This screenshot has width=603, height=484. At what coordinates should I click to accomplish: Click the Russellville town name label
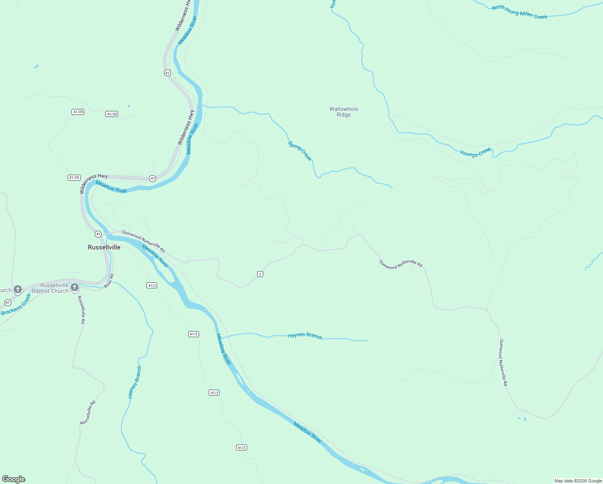[x=104, y=247]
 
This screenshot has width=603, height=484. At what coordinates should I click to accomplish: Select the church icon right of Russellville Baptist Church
[x=74, y=288]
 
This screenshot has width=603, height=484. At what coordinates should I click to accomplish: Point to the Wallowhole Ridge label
[x=343, y=112]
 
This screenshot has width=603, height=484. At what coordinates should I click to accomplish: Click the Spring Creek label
[x=300, y=151]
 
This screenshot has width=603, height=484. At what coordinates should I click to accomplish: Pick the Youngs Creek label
[x=476, y=152]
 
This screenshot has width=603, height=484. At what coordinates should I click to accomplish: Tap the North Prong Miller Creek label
[x=520, y=12]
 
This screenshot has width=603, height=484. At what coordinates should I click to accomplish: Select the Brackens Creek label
[x=16, y=305]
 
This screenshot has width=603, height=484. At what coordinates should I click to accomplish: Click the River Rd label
[x=109, y=281]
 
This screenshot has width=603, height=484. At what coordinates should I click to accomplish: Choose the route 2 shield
[x=260, y=274]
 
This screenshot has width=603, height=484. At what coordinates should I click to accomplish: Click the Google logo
[x=14, y=479]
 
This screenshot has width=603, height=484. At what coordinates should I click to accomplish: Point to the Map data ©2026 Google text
[x=578, y=481]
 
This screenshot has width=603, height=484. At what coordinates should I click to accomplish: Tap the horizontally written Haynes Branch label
[x=305, y=336]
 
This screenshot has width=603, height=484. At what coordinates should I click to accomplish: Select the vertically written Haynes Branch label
[x=135, y=382]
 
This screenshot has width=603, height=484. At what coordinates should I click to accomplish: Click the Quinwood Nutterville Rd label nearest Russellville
[x=143, y=241]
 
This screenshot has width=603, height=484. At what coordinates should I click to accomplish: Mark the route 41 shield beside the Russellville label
[x=98, y=234]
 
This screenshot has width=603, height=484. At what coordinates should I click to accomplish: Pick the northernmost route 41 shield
[x=167, y=73]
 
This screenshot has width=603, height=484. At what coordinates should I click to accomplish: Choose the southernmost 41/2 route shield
[x=241, y=448]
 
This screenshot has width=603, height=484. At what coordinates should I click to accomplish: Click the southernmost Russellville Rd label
[x=88, y=413]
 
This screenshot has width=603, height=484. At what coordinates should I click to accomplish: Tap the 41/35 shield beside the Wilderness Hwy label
[x=74, y=177]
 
